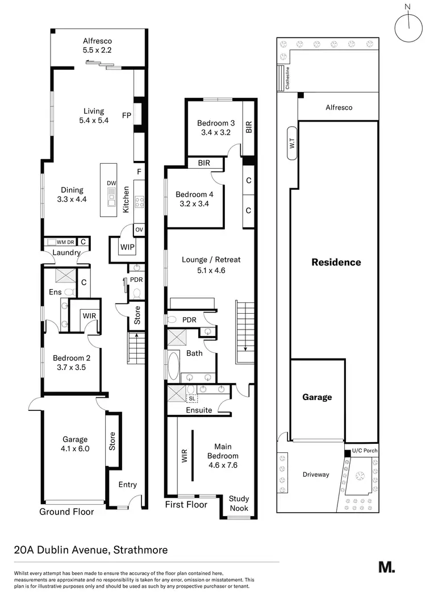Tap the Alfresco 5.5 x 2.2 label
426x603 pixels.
(97, 46)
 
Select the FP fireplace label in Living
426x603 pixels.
(126, 116)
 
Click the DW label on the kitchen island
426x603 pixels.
(111, 183)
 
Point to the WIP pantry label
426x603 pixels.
(127, 247)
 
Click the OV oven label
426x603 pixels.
(139, 230)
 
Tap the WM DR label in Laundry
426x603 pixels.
(65, 242)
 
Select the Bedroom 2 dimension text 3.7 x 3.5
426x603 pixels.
(69, 367)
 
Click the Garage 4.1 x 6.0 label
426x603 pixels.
(75, 443)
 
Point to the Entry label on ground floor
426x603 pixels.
(127, 484)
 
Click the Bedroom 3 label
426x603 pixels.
(216, 128)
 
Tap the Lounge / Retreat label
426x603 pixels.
(211, 265)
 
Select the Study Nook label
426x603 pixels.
(239, 503)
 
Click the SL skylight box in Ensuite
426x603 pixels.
(192, 399)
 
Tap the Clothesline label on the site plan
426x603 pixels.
(287, 78)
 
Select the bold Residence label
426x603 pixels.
(336, 262)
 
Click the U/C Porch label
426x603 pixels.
(364, 451)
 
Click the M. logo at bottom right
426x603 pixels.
(386, 567)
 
